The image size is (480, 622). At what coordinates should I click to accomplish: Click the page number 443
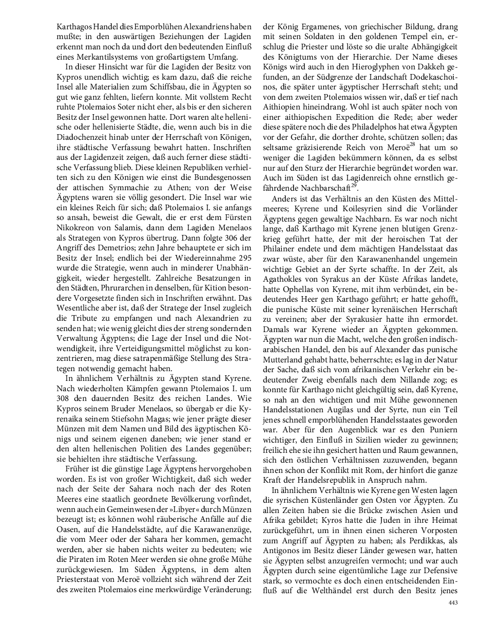coord(452,602)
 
